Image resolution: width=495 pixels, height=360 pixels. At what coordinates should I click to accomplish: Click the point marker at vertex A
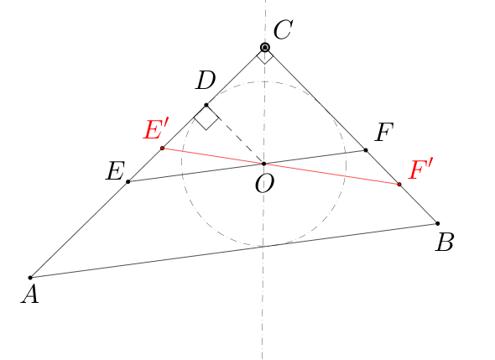pyautogui.click(x=30, y=278)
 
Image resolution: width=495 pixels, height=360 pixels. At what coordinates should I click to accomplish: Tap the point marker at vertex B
pyautogui.click(x=438, y=223)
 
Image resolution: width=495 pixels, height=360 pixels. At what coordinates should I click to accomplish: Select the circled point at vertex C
pyautogui.click(x=265, y=48)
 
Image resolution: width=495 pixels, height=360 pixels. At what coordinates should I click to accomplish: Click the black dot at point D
pyautogui.click(x=206, y=105)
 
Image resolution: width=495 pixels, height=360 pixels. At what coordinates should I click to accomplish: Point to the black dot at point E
pyautogui.click(x=128, y=181)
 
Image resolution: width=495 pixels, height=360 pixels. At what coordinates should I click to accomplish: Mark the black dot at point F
pyautogui.click(x=366, y=150)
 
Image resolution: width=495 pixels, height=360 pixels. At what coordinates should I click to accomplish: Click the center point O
pyautogui.click(x=264, y=164)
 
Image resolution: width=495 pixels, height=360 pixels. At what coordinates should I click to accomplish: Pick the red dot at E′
pyautogui.click(x=162, y=148)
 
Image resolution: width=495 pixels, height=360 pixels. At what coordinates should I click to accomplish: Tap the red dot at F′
pyautogui.click(x=399, y=184)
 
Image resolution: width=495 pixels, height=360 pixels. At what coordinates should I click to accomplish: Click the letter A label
pyautogui.click(x=30, y=296)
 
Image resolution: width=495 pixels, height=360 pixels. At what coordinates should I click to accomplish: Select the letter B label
pyautogui.click(x=445, y=243)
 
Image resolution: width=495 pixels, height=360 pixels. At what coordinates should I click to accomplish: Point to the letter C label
pyautogui.click(x=283, y=30)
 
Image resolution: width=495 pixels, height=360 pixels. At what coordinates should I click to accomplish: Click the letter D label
pyautogui.click(x=206, y=81)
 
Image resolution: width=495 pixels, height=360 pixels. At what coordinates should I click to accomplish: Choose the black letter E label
pyautogui.click(x=116, y=171)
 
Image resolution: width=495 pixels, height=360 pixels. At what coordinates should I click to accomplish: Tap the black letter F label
pyautogui.click(x=384, y=132)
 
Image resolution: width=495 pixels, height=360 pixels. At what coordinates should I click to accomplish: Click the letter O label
pyautogui.click(x=264, y=184)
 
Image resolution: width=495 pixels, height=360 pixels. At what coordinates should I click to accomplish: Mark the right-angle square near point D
pyautogui.click(x=206, y=117)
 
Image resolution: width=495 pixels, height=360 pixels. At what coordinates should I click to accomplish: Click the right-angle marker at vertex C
pyautogui.click(x=264, y=56)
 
